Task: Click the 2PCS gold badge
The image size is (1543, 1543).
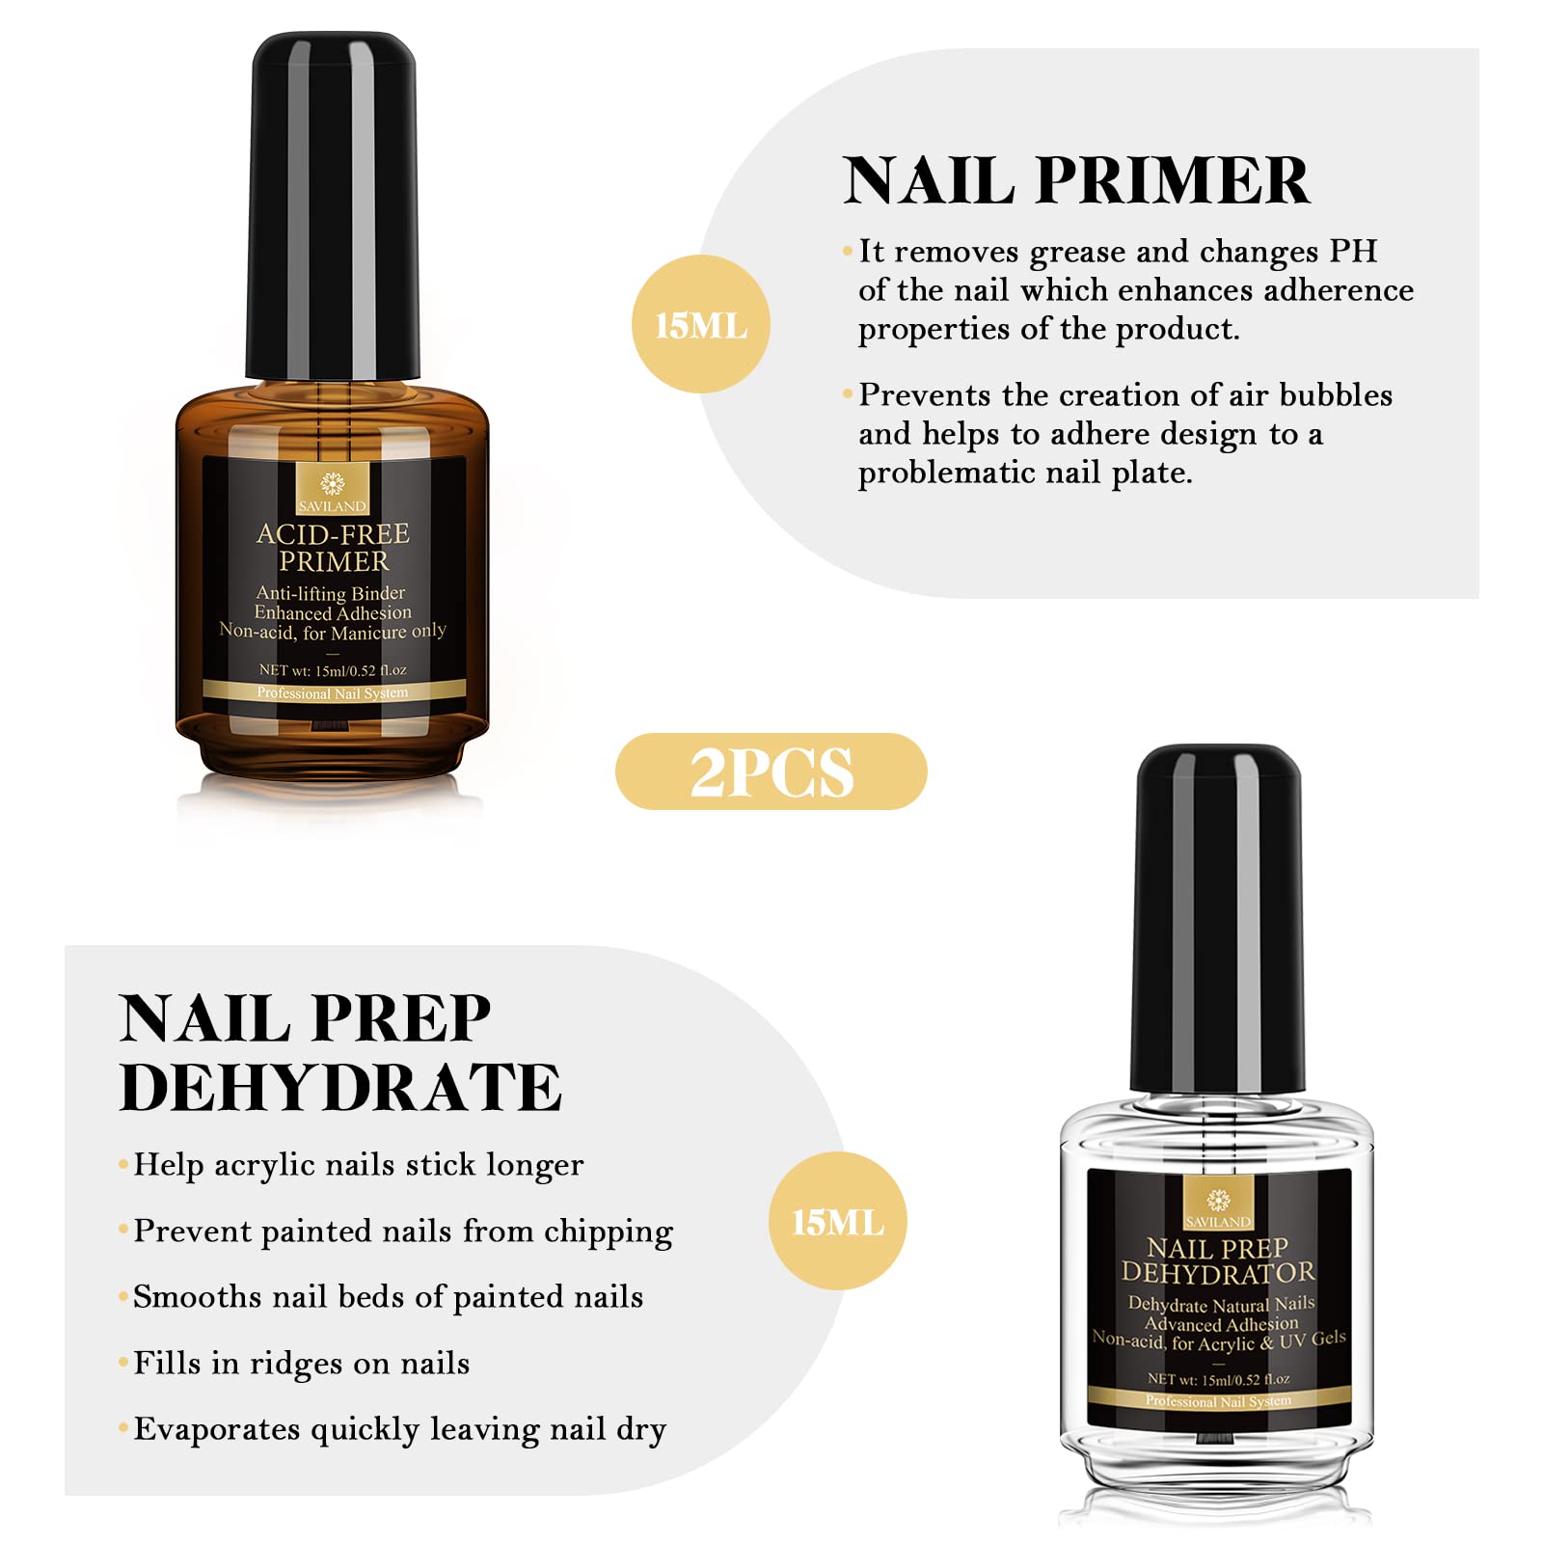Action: [x=771, y=771]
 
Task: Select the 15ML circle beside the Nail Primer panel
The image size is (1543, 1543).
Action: [x=701, y=324]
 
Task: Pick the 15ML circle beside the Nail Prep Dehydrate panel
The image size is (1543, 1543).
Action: [x=837, y=1221]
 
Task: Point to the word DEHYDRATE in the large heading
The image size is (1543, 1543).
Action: [x=340, y=1087]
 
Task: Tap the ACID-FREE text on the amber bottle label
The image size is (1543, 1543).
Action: [x=333, y=533]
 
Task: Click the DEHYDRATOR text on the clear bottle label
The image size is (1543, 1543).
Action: [x=1218, y=1273]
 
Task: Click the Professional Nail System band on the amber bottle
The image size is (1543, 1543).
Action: [x=333, y=691]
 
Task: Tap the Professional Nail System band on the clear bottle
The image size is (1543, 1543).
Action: [x=1218, y=1400]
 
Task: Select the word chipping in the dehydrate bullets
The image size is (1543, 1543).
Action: [x=608, y=1232]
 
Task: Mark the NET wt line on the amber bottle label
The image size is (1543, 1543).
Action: [x=333, y=669]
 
